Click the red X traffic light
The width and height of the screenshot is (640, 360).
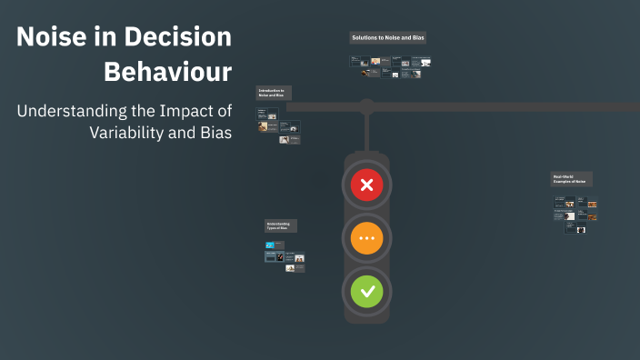tap(367, 186)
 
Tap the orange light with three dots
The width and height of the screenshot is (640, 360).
tap(367, 239)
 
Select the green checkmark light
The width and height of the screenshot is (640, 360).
tap(367, 292)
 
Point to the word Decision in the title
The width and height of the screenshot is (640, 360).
tap(179, 38)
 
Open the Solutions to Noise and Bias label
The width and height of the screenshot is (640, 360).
tap(388, 38)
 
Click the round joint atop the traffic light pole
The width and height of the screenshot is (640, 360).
tap(366, 107)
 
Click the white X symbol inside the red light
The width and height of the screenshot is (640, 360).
tap(367, 186)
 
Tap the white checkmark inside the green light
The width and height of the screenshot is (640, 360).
tap(367, 292)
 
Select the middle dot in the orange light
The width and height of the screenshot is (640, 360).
tap(367, 239)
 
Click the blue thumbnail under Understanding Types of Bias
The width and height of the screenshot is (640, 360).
tap(269, 246)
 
